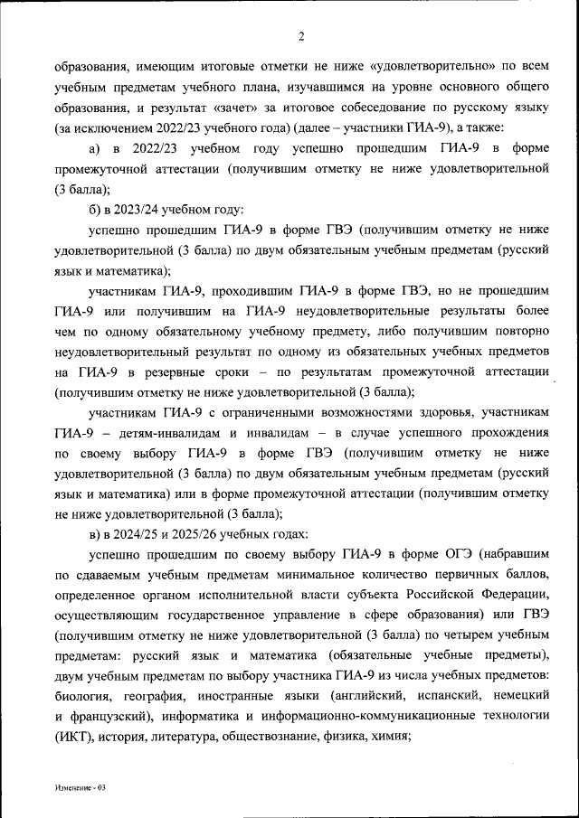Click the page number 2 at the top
[301, 37]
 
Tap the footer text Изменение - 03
[79, 787]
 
